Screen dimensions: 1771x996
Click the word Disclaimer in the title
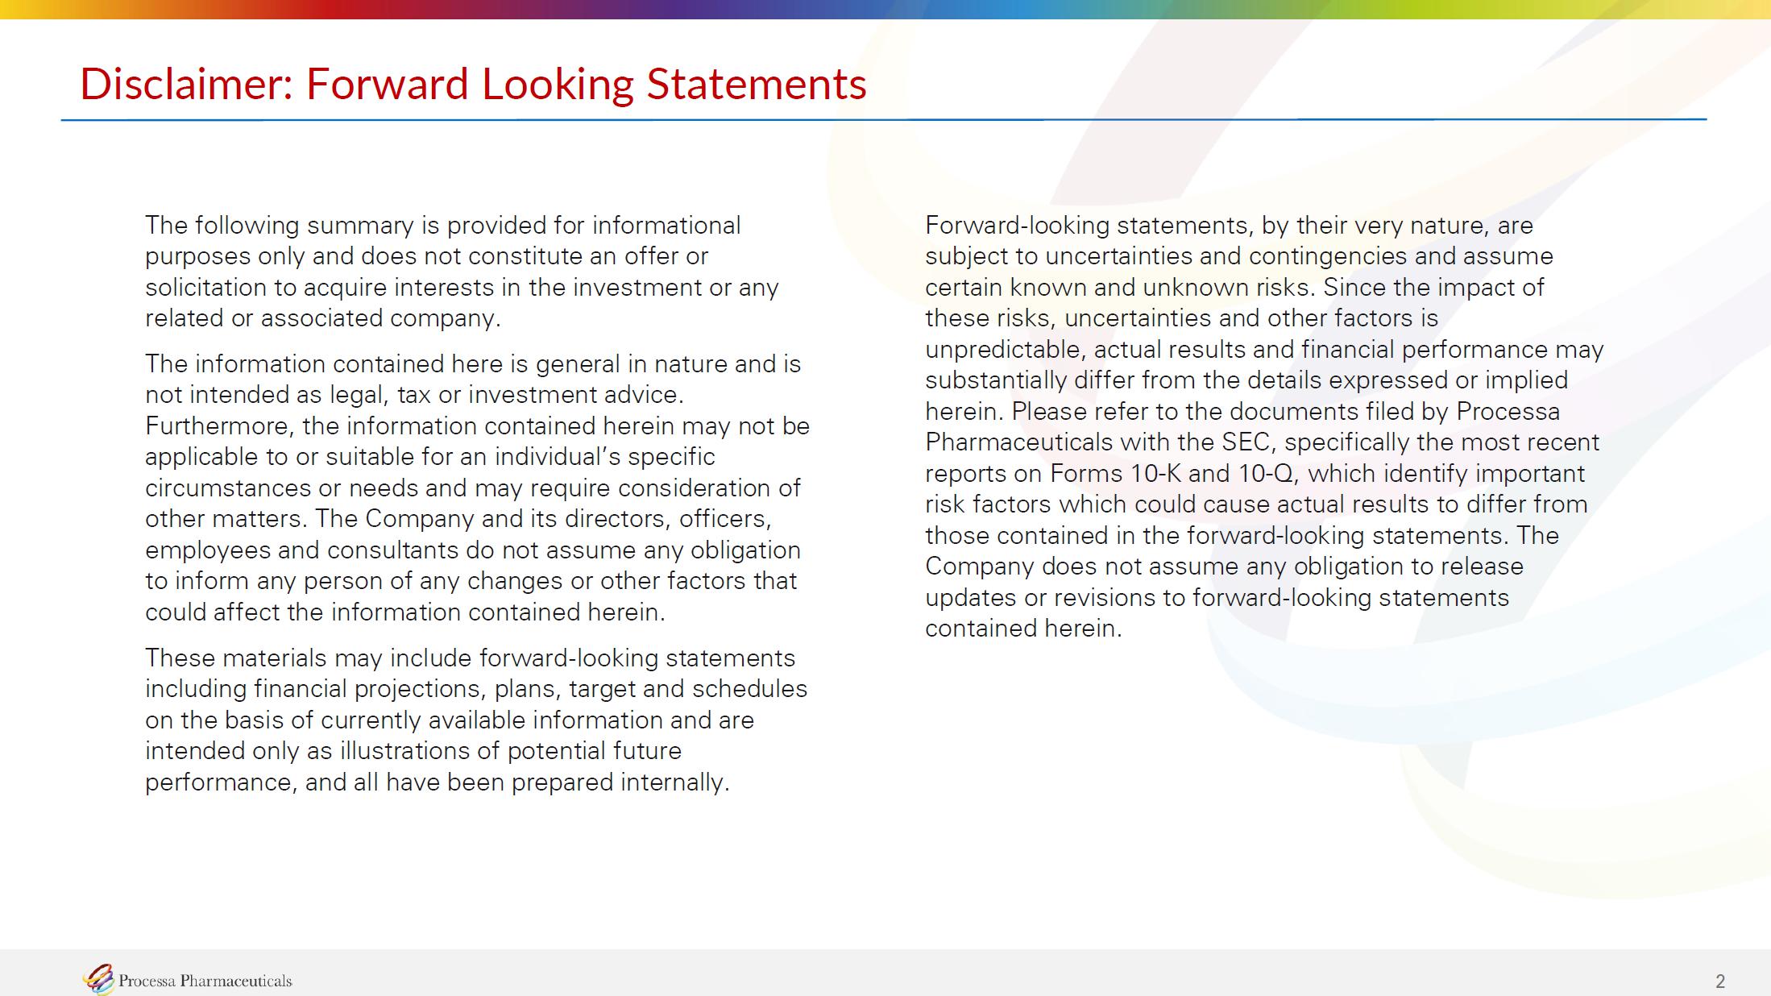pos(186,84)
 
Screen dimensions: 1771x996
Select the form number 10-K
pos(1155,473)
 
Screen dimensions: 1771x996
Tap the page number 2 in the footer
pos(1720,981)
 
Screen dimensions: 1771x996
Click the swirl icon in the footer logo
pos(98,979)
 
